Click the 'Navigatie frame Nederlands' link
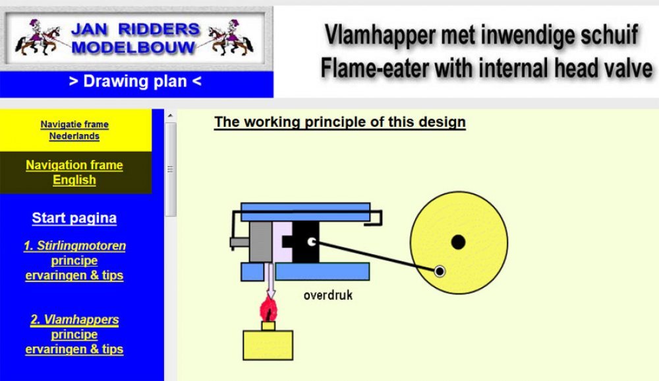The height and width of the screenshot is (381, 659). [x=74, y=130]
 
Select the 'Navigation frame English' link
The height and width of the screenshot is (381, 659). [x=74, y=172]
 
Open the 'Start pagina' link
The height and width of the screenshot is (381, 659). [x=74, y=218]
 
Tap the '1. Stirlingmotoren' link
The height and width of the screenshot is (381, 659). [x=75, y=246]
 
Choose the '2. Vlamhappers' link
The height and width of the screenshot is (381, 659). [x=74, y=320]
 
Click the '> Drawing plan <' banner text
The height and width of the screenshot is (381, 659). [x=135, y=81]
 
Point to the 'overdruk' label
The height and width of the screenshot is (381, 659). [x=328, y=295]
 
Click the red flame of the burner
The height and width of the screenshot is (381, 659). [x=268, y=310]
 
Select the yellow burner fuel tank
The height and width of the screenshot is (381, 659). [x=268, y=345]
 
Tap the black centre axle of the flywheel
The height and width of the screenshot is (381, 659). [x=458, y=242]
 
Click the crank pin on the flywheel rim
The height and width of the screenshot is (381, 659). [x=440, y=271]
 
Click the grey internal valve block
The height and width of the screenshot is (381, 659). [x=260, y=242]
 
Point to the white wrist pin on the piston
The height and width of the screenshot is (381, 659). [x=312, y=242]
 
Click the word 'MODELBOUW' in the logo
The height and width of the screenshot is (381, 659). [x=133, y=47]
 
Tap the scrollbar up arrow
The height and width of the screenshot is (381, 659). [x=170, y=116]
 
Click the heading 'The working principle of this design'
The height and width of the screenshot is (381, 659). [x=339, y=121]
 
